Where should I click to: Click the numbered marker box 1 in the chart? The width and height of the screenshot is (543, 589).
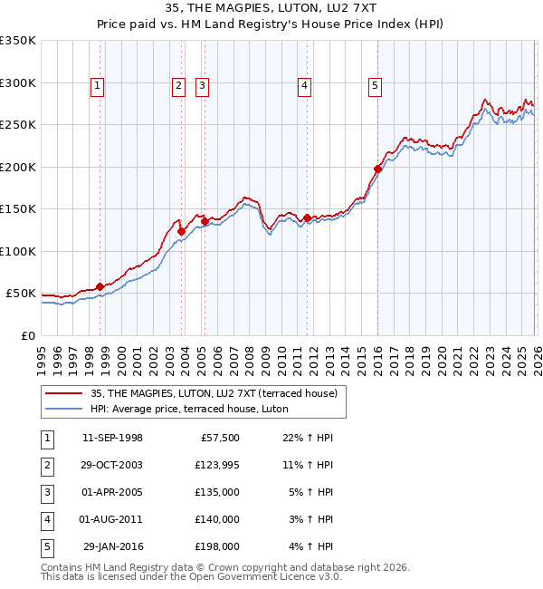(x=97, y=86)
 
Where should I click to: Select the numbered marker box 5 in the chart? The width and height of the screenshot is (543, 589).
(x=375, y=86)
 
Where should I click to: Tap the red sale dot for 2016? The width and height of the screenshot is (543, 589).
(x=377, y=169)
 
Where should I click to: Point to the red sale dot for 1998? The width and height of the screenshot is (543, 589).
(x=100, y=287)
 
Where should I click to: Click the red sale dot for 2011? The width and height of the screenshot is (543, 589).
(x=308, y=217)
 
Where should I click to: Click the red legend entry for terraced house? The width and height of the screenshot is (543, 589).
(x=214, y=393)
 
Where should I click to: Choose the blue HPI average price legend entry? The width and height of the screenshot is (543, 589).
(x=188, y=409)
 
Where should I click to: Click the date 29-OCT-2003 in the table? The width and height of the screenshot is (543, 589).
(x=112, y=465)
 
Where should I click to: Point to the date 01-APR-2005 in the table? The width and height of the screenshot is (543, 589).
(x=112, y=492)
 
